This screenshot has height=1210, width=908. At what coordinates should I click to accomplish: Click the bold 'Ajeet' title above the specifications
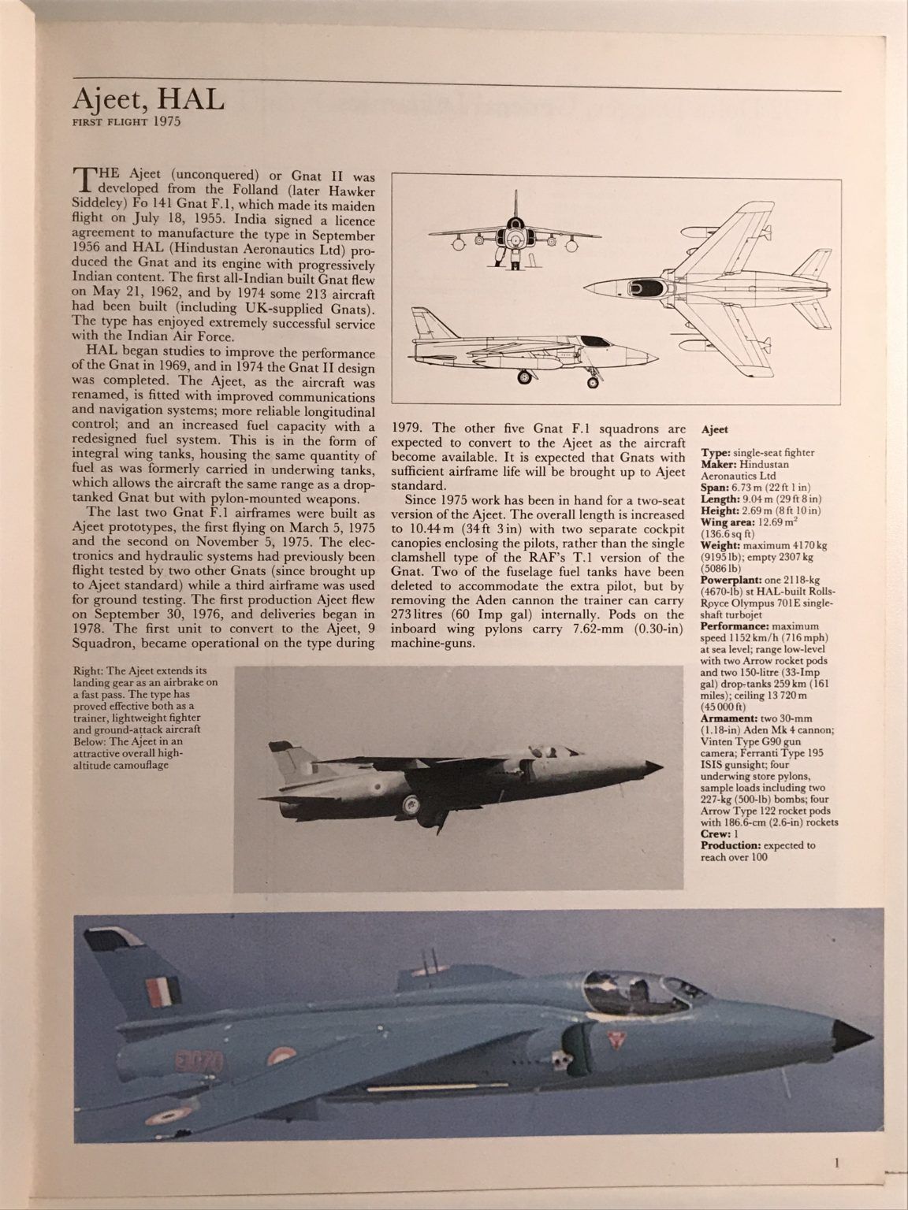click(715, 429)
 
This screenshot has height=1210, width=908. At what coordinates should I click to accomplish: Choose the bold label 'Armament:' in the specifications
click(727, 718)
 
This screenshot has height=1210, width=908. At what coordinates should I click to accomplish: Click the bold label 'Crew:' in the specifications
click(715, 833)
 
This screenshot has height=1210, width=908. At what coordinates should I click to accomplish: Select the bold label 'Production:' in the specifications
click(728, 844)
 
